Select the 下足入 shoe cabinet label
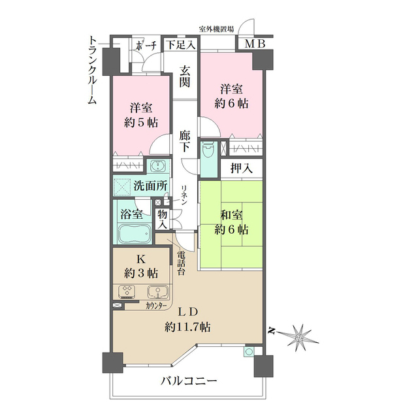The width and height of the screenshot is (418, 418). [x=179, y=45]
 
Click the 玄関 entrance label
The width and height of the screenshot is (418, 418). [x=185, y=76]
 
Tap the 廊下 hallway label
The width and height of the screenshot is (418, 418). [x=185, y=142]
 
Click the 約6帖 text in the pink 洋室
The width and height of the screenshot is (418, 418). [x=233, y=103]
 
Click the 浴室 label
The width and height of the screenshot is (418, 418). [x=132, y=214]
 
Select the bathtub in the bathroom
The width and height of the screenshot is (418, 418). [x=133, y=234]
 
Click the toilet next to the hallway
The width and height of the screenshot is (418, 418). [x=208, y=153]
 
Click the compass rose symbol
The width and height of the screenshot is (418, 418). [x=300, y=336]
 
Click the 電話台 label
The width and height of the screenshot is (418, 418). [x=181, y=261]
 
